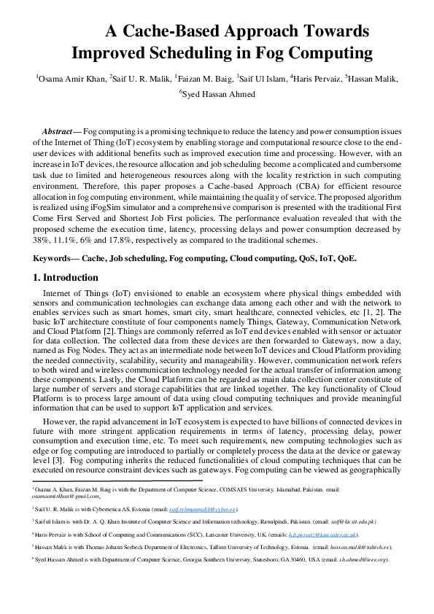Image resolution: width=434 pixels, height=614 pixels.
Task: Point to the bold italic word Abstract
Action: pyautogui.click(x=61, y=130)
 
